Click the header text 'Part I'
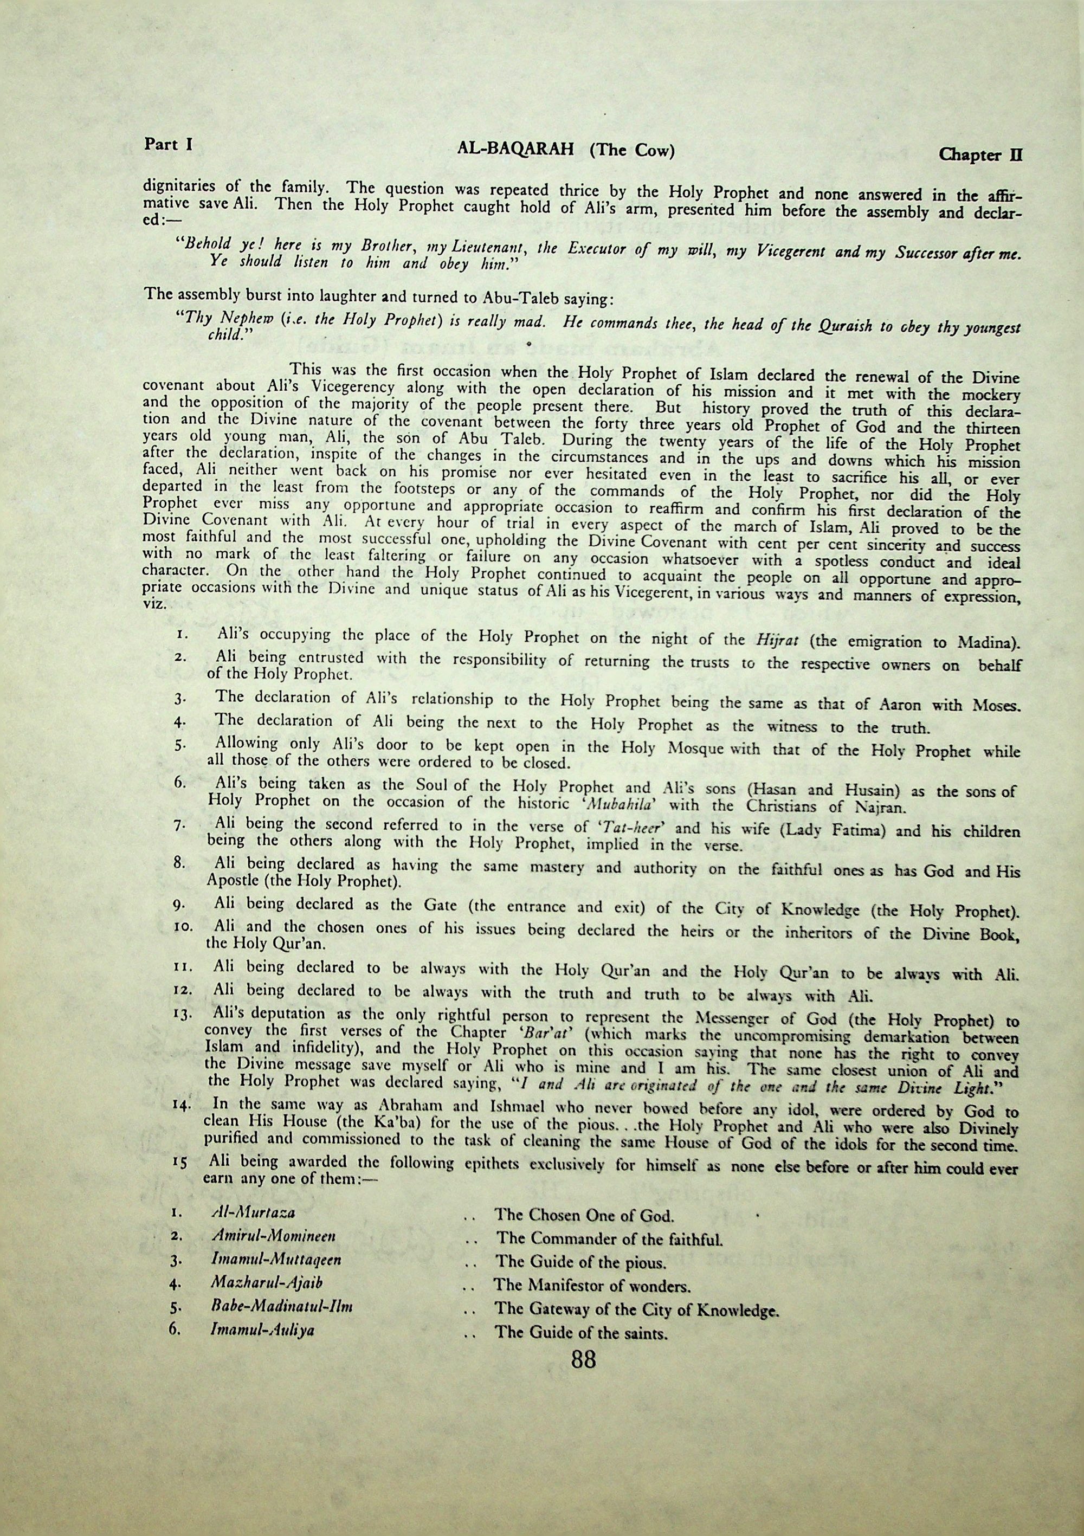click(x=168, y=145)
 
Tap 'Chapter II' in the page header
click(x=981, y=155)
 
